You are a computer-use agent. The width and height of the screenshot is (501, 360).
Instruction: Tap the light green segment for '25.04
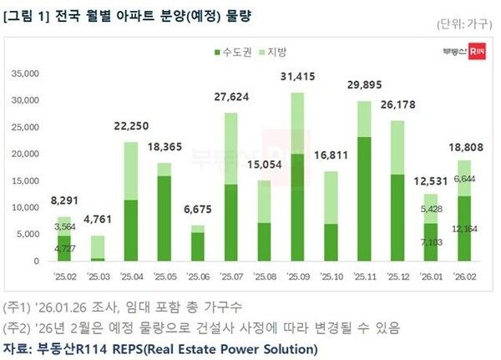point(130,171)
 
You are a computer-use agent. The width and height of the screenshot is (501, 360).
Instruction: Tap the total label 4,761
point(97,221)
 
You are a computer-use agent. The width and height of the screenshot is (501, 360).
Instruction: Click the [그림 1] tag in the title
point(25,15)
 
